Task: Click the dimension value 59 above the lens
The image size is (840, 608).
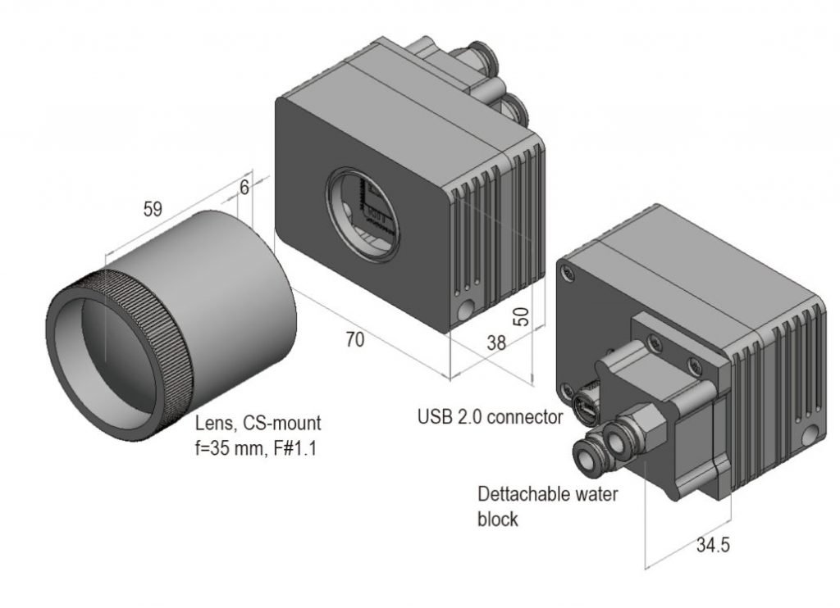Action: click(x=153, y=209)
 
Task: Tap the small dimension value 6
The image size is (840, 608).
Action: click(x=244, y=188)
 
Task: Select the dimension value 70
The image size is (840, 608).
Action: click(x=354, y=339)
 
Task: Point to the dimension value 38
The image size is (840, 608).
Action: click(x=496, y=343)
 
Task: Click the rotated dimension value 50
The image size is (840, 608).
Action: click(x=521, y=316)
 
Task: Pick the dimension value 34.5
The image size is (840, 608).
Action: click(x=713, y=545)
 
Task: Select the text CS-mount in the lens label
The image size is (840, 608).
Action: click(x=282, y=423)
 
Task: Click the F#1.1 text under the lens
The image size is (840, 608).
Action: click(x=295, y=448)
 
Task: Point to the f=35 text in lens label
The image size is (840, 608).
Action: click(x=212, y=448)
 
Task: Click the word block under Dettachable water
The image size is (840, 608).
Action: click(x=498, y=520)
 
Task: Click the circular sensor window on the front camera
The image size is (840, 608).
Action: click(x=363, y=214)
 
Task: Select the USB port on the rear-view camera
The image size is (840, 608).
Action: click(x=584, y=402)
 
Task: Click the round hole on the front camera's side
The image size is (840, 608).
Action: click(x=466, y=309)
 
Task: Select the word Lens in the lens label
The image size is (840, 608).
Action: click(x=215, y=424)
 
